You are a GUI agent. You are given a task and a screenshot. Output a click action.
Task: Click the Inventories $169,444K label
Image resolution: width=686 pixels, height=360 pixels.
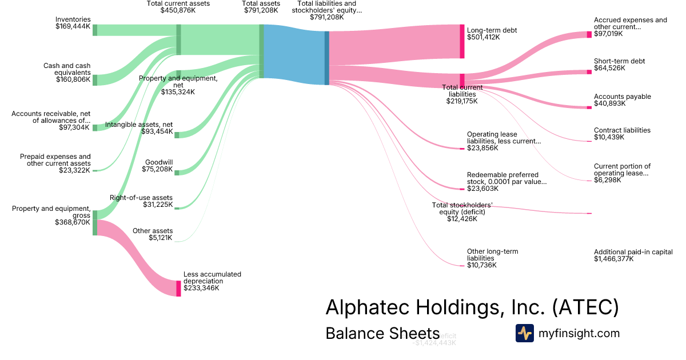[73, 23]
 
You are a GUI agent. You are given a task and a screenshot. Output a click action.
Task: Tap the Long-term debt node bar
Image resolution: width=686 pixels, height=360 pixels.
[462, 41]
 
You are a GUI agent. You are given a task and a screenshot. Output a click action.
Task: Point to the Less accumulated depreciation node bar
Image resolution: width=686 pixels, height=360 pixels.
[178, 288]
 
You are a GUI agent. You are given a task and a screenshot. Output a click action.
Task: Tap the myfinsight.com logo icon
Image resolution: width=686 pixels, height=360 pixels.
[524, 333]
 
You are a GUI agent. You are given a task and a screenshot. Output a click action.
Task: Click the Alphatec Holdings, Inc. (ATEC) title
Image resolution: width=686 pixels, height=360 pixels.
[472, 307]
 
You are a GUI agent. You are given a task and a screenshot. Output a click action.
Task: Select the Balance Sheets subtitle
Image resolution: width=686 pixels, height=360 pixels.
[382, 333]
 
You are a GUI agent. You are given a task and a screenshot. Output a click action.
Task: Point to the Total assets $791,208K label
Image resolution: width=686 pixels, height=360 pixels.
[261, 7]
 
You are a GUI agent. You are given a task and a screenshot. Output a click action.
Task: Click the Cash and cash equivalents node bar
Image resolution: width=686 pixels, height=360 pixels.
[95, 80]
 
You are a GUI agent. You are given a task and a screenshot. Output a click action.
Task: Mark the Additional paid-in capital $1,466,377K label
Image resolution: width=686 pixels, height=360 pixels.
[633, 255]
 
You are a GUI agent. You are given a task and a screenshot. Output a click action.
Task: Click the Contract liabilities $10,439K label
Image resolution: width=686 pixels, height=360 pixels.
[622, 134]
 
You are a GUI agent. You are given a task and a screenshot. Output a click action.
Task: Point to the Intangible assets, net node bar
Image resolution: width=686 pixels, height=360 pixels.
[177, 135]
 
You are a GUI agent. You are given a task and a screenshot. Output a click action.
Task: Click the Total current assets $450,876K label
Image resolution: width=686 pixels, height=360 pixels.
[178, 7]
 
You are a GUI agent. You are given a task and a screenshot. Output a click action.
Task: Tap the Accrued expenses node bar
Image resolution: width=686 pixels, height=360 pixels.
[589, 34]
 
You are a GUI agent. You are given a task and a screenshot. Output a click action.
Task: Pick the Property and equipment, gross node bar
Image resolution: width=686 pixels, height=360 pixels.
[95, 222]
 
